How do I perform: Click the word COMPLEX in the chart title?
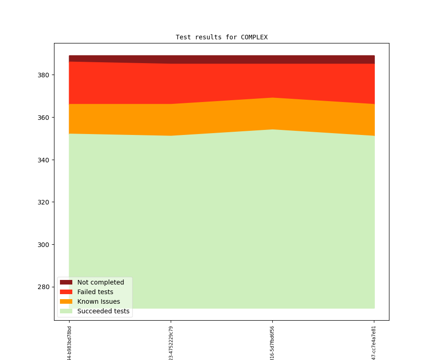[x=254, y=38]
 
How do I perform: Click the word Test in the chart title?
[x=184, y=38]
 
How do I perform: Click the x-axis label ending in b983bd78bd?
[x=70, y=343]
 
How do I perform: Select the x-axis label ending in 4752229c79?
[x=171, y=343]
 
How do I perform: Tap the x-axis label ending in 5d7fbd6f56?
[x=273, y=343]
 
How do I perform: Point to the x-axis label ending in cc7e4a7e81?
[x=374, y=343]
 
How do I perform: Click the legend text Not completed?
[x=101, y=282]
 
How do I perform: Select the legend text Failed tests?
[x=95, y=292]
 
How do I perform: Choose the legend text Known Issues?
[x=98, y=301]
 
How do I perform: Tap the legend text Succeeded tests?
[x=103, y=311]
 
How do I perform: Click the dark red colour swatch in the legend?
[x=66, y=282]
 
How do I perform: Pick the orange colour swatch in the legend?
[x=66, y=301]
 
